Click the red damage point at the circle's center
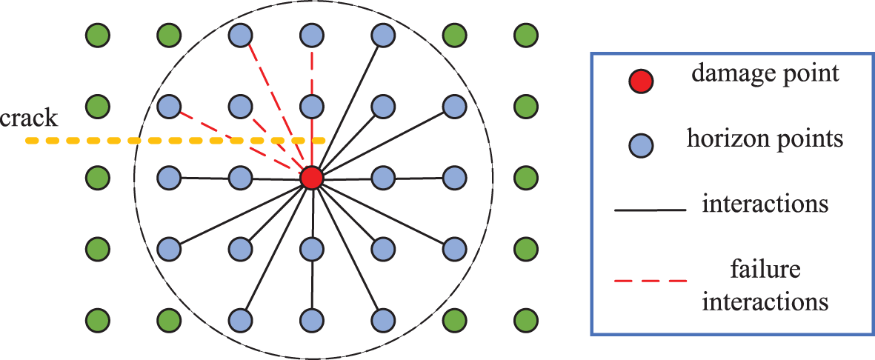tap(311, 178)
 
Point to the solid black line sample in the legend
tap(650, 210)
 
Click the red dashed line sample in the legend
tap(650, 280)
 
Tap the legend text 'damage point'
tap(764, 73)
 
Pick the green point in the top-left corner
tap(97, 34)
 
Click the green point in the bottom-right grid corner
tap(525, 320)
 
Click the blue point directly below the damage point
tap(311, 249)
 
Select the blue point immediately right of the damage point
tap(382, 178)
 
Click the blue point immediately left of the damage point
tap(240, 178)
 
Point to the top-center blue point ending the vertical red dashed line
tap(311, 34)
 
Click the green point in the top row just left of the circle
tap(169, 34)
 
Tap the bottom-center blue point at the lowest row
tap(311, 320)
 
